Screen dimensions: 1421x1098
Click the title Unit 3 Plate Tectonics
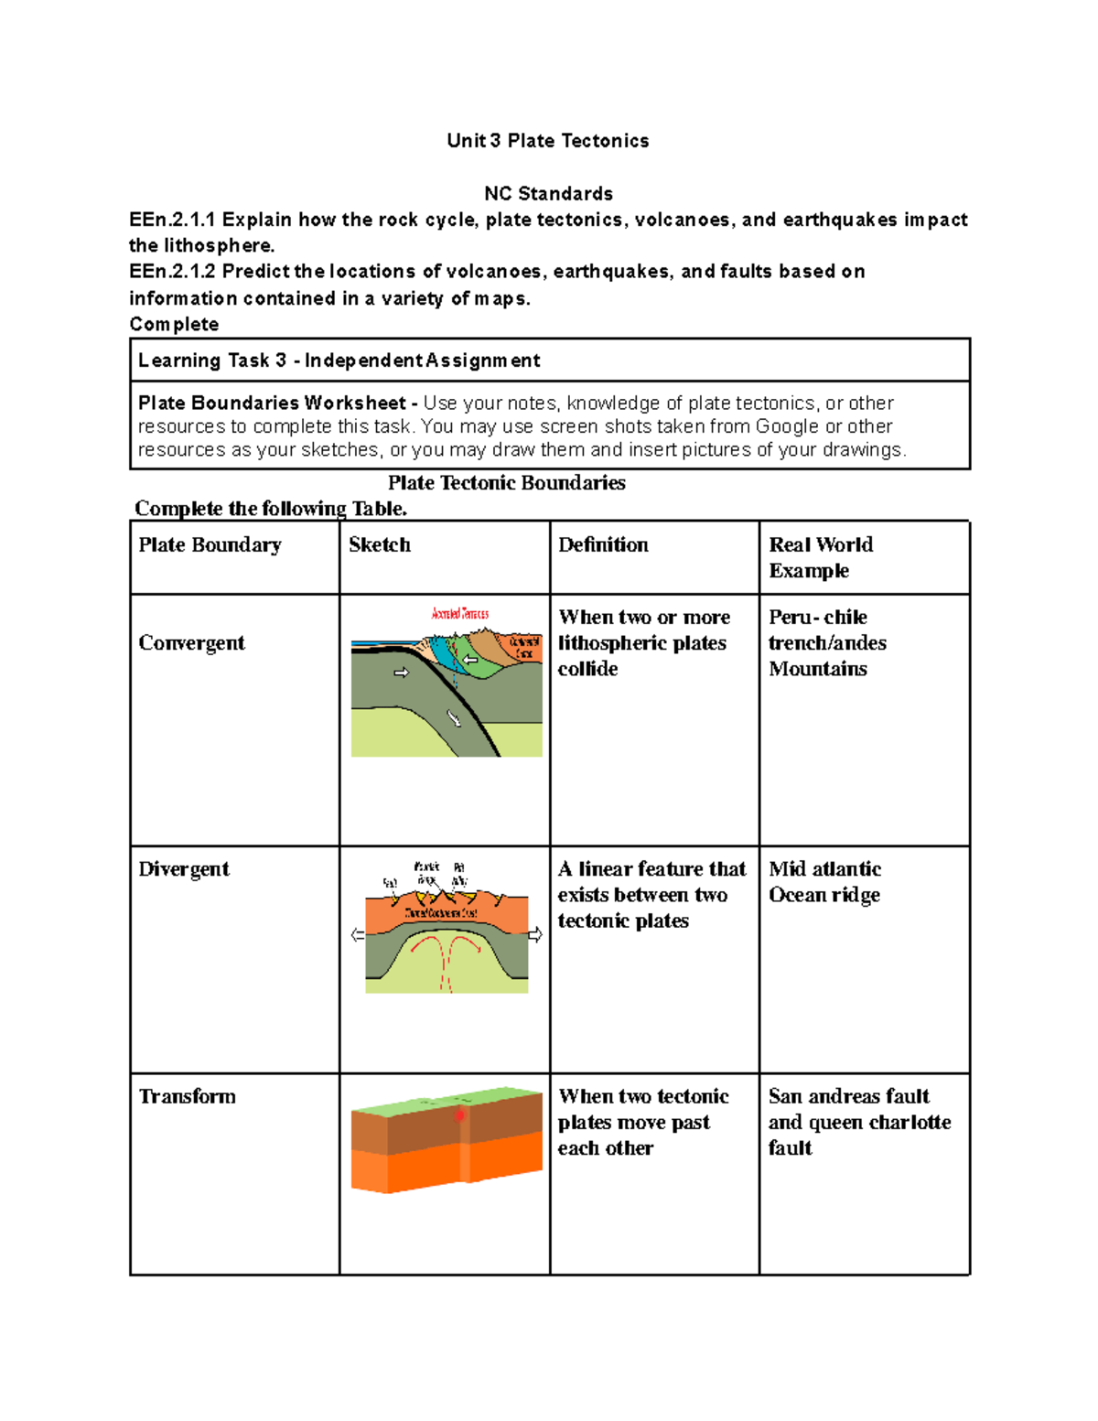547,140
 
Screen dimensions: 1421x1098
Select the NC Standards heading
548,193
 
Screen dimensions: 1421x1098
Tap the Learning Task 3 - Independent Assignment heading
339,361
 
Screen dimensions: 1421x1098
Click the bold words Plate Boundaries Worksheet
272,403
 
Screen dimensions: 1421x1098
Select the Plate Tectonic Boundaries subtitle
506,483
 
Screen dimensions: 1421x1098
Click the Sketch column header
379,545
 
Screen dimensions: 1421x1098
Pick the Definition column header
603,545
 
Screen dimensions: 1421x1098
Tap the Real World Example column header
820,557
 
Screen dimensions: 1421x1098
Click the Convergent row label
191,643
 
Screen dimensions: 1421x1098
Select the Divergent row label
183,869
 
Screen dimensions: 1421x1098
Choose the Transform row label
187,1096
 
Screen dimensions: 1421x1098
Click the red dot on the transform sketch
460,1115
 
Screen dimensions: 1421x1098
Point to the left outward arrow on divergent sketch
358,935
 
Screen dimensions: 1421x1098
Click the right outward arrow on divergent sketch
535,935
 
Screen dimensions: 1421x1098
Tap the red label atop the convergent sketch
459,614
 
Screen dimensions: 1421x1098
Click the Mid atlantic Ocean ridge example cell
824,882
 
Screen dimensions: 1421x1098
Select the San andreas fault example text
848,1096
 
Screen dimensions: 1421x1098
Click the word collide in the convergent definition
587,669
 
